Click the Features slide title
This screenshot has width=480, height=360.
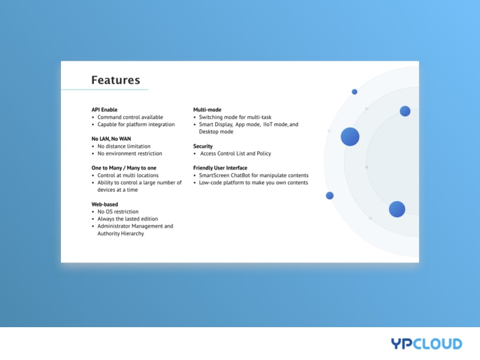pos(115,80)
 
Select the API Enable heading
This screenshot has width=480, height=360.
pos(104,110)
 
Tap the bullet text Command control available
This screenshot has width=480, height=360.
pos(130,117)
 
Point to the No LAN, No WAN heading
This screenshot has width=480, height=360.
pos(111,139)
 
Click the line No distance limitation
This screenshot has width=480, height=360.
pos(124,146)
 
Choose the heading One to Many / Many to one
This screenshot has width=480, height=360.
pos(124,168)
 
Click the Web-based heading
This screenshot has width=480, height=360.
pos(105,204)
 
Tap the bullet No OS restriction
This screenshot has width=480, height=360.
pos(118,212)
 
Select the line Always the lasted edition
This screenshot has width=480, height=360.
pos(128,219)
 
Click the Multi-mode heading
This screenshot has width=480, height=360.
pos(207,110)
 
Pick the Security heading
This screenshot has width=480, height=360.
pos(203,147)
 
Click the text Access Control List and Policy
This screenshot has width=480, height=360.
pos(236,154)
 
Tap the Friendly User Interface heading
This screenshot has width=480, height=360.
pos(220,168)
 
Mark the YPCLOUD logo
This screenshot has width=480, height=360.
pos(427,344)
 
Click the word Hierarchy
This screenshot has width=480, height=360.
pos(132,233)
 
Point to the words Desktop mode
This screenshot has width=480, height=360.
pos(216,132)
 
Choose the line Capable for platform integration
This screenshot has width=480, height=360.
pos(136,124)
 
